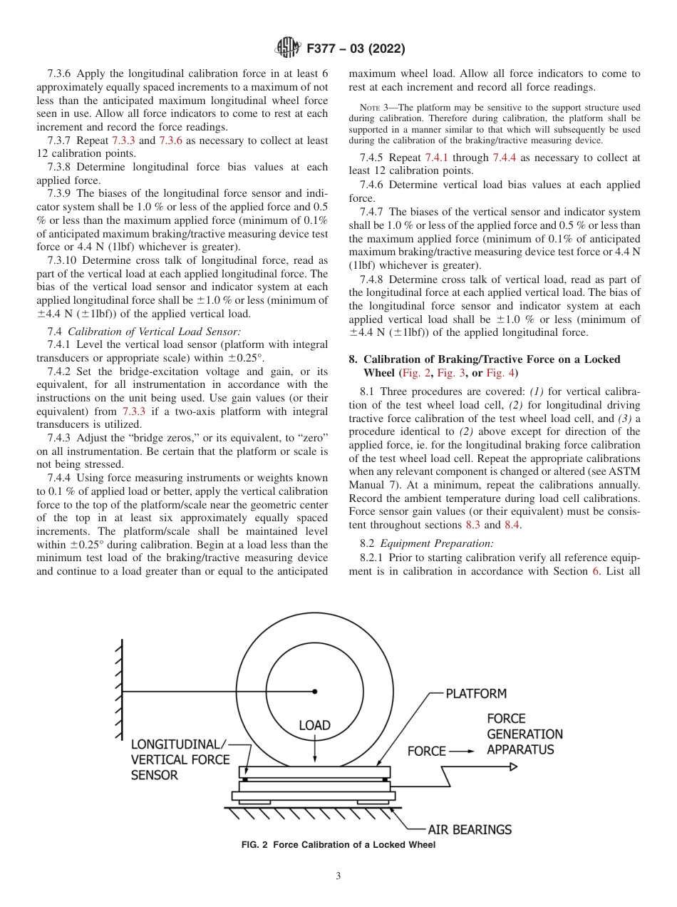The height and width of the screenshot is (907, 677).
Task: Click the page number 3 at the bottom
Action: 338,876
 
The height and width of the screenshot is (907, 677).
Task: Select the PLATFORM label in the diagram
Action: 476,693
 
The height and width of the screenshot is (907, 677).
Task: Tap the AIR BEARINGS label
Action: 469,829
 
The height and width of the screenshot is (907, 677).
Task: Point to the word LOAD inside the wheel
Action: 314,725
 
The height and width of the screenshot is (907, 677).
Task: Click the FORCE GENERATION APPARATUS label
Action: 524,734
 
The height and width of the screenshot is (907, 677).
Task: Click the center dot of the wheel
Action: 314,691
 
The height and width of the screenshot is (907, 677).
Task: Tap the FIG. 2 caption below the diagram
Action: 338,845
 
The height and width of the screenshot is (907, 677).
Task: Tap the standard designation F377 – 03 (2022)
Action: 354,49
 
